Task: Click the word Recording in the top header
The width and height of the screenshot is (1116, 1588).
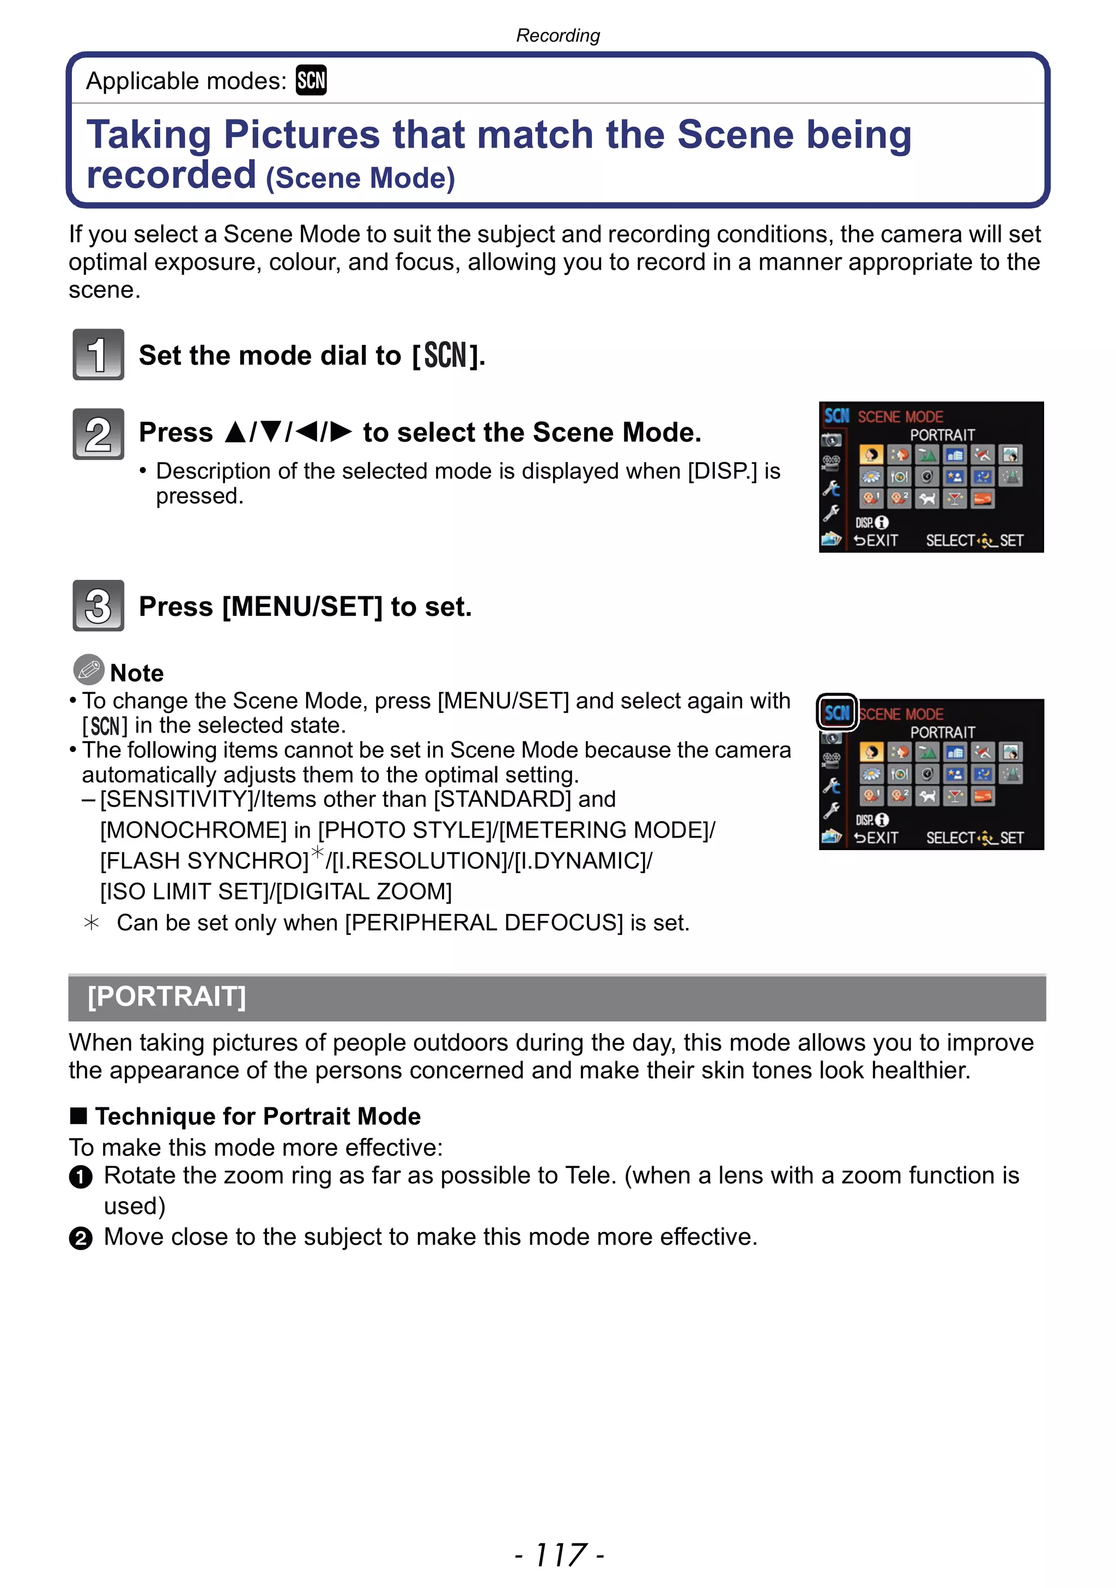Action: point(558,35)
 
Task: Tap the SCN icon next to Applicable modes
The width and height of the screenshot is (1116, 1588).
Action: point(311,80)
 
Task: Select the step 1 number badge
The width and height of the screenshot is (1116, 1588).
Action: point(98,354)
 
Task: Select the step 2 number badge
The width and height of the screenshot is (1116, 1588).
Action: point(98,434)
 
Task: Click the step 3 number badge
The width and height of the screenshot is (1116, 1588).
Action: point(98,605)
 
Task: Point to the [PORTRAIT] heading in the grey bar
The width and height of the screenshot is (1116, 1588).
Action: point(167,997)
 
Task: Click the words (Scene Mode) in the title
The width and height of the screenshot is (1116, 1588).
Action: point(360,178)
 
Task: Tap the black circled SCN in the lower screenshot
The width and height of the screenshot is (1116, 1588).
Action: point(836,712)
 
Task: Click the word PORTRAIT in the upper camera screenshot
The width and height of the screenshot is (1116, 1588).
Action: point(942,435)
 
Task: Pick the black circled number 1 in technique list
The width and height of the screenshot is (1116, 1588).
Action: point(81,1177)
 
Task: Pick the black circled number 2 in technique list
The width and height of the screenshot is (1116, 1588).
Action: point(81,1238)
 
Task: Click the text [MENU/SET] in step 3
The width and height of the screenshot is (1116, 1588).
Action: point(302,607)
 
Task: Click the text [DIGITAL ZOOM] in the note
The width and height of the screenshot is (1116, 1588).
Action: point(363,891)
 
